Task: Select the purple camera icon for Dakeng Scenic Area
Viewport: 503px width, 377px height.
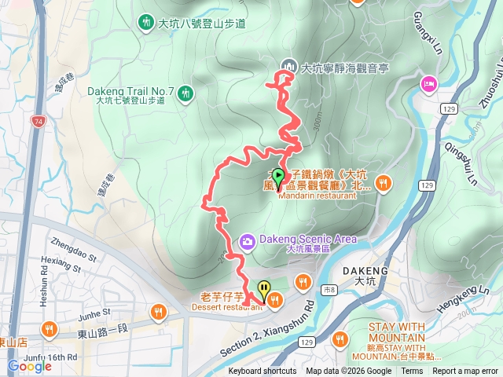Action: [248, 240]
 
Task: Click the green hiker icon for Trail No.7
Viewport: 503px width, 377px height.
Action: [185, 93]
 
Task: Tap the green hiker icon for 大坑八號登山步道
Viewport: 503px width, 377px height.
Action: [146, 22]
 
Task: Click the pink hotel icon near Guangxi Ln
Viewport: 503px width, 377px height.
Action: [428, 83]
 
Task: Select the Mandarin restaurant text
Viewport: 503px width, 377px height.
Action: [318, 196]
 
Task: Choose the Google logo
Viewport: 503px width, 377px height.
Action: [30, 366]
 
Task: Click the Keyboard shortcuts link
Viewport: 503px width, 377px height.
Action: [263, 372]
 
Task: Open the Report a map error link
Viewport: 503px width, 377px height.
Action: [465, 372]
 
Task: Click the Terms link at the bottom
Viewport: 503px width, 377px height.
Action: [412, 372]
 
